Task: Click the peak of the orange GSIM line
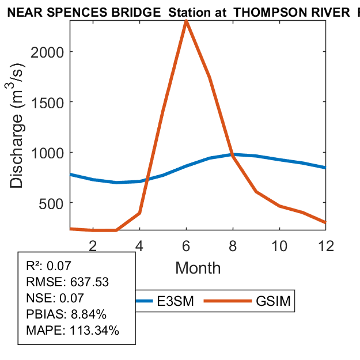[x=186, y=21]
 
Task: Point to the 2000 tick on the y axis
[x=52, y=52]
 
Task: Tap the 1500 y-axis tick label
[x=52, y=102]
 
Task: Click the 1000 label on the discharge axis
[x=52, y=153]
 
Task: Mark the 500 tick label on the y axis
[x=55, y=203]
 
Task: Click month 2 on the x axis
[x=93, y=245]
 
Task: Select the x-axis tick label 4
[x=139, y=245]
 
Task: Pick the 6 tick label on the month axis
[x=186, y=245]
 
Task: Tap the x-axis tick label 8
[x=233, y=245]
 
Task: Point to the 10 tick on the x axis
[x=279, y=245]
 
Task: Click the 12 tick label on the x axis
[x=325, y=245]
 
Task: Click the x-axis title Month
[x=198, y=268]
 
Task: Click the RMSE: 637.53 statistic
[x=67, y=282]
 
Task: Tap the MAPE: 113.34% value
[x=73, y=331]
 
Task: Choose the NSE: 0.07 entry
[x=55, y=298]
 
